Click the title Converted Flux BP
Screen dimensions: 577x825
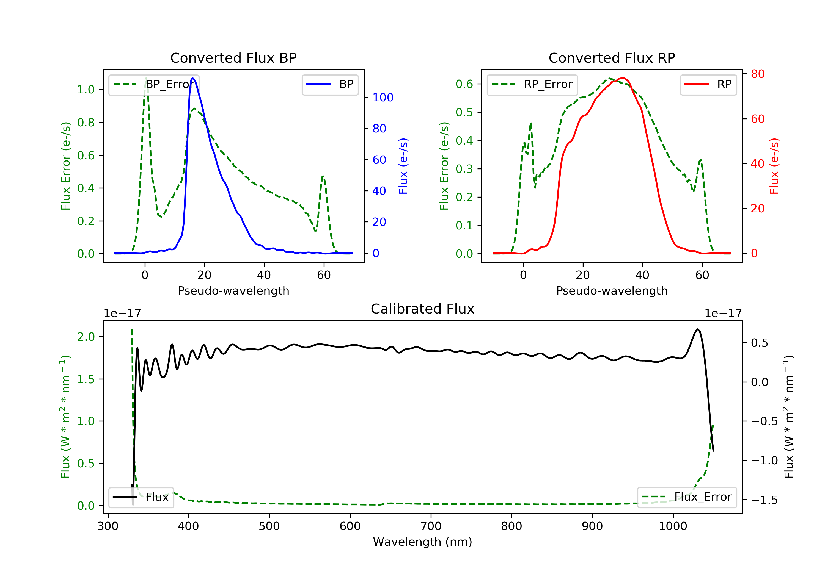pyautogui.click(x=233, y=58)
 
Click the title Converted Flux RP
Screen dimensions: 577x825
pyautogui.click(x=612, y=58)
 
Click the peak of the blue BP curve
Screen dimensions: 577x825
pyautogui.click(x=193, y=78)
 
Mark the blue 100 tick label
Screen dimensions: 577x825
pyautogui.click(x=383, y=97)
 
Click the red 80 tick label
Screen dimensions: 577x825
pyautogui.click(x=757, y=74)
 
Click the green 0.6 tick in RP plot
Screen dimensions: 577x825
pyautogui.click(x=464, y=84)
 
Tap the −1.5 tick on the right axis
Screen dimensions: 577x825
pyautogui.click(x=764, y=500)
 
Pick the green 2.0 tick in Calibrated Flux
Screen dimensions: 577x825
pyautogui.click(x=86, y=337)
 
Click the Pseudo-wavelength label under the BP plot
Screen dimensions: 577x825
pyautogui.click(x=233, y=290)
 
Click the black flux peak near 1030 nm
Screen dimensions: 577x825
pyautogui.click(x=697, y=329)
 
